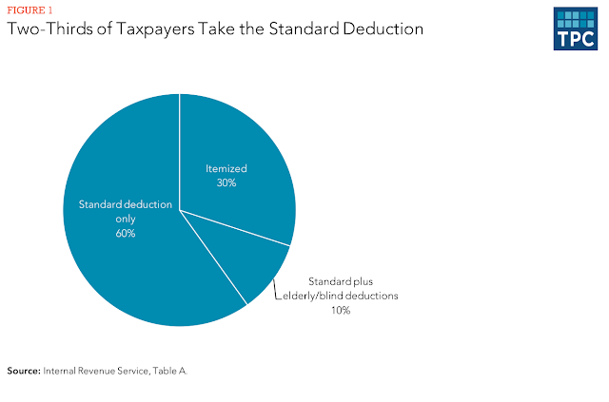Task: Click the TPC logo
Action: click(x=575, y=29)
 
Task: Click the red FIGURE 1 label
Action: click(x=29, y=10)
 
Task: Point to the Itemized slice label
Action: click(x=226, y=168)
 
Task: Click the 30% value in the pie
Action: click(x=226, y=182)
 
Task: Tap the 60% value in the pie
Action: click(x=126, y=233)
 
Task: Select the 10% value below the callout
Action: click(x=341, y=310)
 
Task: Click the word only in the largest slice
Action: click(x=126, y=220)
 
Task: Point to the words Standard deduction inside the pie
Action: click(x=126, y=204)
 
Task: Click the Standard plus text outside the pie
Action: click(x=341, y=281)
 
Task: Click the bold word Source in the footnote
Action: click(x=24, y=371)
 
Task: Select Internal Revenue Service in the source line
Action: click(x=95, y=371)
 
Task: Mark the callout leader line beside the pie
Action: click(x=275, y=290)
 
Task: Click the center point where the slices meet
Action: click(x=180, y=210)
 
